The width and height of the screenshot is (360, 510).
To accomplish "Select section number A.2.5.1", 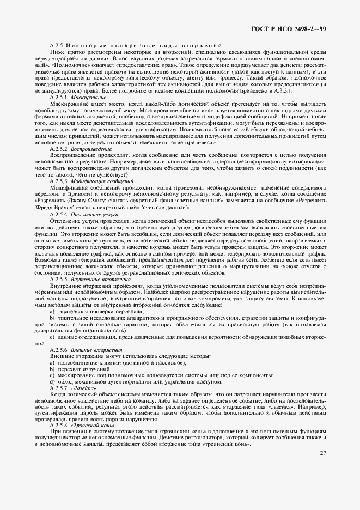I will [x=59, y=96].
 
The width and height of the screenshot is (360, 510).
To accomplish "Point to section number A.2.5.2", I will [x=59, y=149].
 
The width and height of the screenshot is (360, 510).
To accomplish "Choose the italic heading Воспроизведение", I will [x=91, y=149].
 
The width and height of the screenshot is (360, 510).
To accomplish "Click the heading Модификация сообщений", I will [x=99, y=180].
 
